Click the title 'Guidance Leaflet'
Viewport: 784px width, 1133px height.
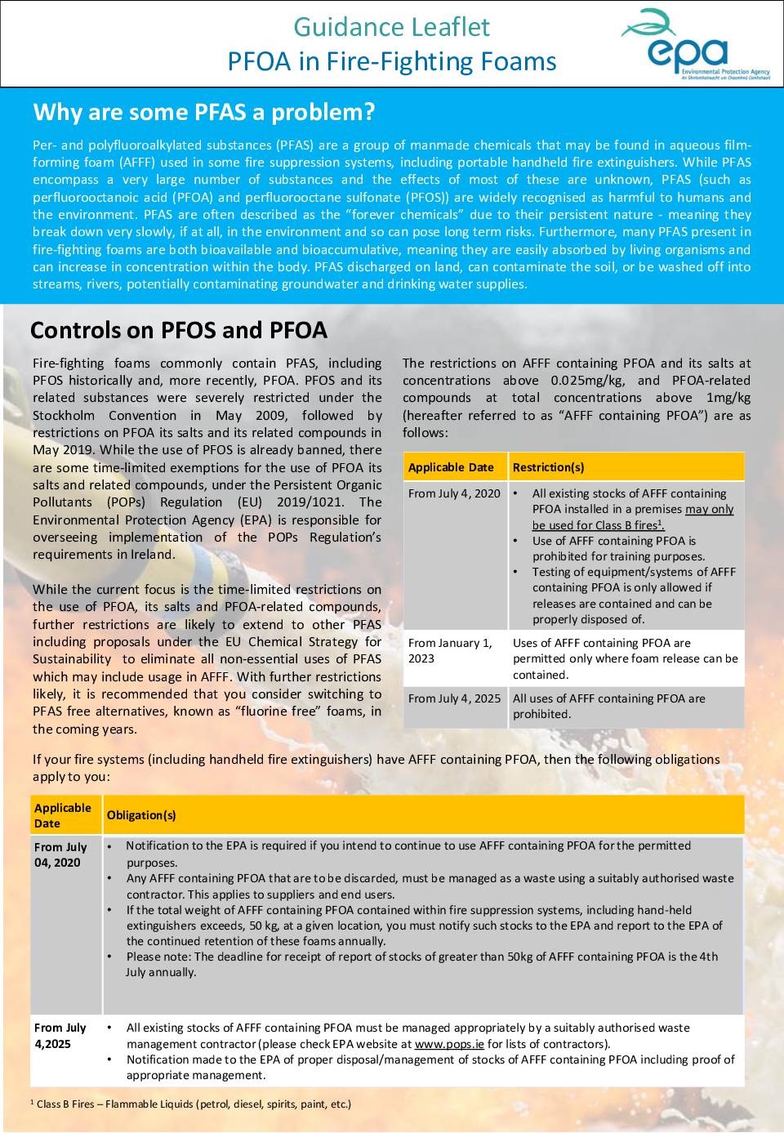pyautogui.click(x=391, y=27)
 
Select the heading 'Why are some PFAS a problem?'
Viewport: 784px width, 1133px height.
pyautogui.click(x=204, y=112)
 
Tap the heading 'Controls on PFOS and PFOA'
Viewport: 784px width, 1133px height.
pyautogui.click(x=179, y=330)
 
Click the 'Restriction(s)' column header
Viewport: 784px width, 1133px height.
pyautogui.click(x=548, y=467)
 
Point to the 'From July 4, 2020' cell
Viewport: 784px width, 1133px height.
pyautogui.click(x=454, y=493)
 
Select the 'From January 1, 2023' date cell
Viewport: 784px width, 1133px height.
pyautogui.click(x=450, y=650)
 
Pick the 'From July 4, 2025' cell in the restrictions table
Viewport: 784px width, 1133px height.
pyautogui.click(x=454, y=698)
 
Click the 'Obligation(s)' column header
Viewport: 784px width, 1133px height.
pyautogui.click(x=141, y=815)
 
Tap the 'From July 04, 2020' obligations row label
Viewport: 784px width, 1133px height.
pyautogui.click(x=60, y=854)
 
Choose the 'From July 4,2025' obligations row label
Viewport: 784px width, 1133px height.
pyautogui.click(x=60, y=1035)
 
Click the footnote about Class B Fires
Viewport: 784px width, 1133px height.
pyautogui.click(x=191, y=1104)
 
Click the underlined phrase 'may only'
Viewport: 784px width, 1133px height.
pyautogui.click(x=709, y=509)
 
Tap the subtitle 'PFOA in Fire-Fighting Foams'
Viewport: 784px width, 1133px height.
pyautogui.click(x=392, y=61)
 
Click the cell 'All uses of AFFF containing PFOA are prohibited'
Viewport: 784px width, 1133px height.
pyautogui.click(x=609, y=706)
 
